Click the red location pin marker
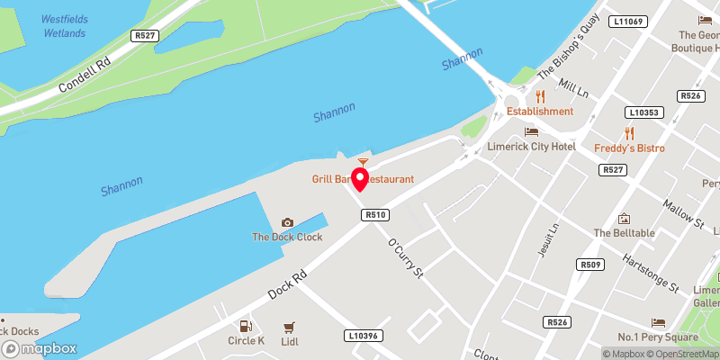(360, 178)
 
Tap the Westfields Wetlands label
(63, 25)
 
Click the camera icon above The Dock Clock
(287, 222)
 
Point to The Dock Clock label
(286, 238)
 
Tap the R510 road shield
(375, 215)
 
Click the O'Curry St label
(404, 257)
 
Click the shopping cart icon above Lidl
(289, 327)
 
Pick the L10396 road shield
(362, 336)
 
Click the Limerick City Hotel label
(543, 146)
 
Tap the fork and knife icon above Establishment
(540, 96)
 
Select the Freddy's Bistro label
(629, 147)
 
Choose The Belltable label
(624, 233)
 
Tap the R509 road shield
(590, 264)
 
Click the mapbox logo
(40, 348)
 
